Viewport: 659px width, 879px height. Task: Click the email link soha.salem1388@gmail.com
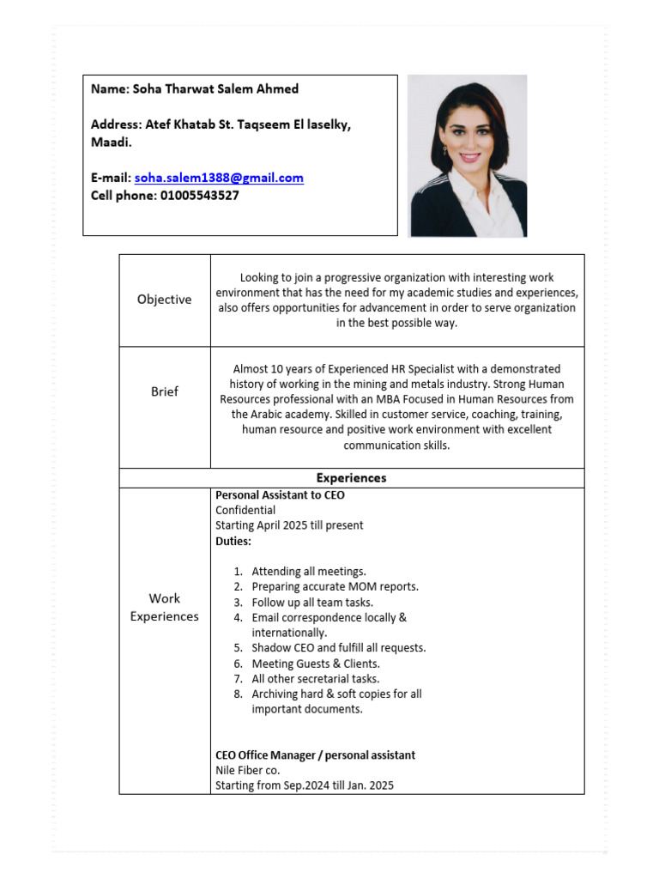coord(219,179)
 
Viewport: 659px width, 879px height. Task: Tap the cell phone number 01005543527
coord(199,196)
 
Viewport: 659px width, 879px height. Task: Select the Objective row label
coord(164,300)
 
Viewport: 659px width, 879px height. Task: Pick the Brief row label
coord(164,391)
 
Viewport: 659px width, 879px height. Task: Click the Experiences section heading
coord(351,478)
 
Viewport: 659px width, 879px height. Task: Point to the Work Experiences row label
coord(164,607)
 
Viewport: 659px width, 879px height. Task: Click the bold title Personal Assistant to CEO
coord(280,495)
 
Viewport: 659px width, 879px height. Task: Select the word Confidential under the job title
coord(245,510)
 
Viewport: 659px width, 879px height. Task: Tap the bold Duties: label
coord(233,541)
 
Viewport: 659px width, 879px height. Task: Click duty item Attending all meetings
coord(309,572)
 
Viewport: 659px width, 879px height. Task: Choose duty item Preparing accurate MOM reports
coord(335,587)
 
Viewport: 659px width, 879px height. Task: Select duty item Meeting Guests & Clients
coord(316,664)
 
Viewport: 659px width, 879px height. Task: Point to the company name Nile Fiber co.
coord(248,771)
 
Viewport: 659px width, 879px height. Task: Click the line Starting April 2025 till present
coord(289,525)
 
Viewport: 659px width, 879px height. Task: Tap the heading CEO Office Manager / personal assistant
coord(315,755)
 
